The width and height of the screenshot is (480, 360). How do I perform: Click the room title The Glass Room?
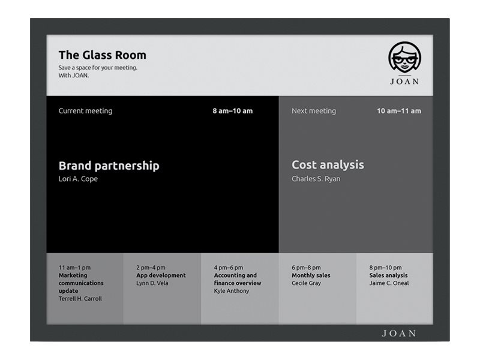pos(102,55)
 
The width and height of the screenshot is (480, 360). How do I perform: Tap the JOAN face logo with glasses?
pos(404,58)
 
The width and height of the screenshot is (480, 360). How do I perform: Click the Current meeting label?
pos(85,111)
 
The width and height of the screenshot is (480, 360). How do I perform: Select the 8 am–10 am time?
pos(232,111)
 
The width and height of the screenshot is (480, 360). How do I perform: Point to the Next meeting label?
pos(313,111)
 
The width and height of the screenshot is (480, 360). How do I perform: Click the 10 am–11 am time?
pos(398,111)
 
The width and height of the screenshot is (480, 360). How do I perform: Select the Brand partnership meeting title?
pos(109,166)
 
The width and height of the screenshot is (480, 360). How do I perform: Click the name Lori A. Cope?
pos(78,179)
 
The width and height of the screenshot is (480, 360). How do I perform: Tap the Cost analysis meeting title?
pos(328,165)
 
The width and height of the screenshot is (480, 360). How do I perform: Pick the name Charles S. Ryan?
pos(316,179)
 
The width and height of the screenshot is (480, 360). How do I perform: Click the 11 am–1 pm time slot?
pos(74,268)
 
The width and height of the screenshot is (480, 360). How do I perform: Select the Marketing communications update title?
pos(81,283)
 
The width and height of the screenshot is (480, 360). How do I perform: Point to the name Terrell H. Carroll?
pos(80,299)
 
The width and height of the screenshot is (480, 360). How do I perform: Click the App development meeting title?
pos(161,275)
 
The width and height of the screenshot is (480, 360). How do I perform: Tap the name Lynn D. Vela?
pos(152,283)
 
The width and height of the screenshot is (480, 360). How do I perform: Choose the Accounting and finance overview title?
pos(238,279)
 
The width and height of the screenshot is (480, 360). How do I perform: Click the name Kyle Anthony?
pos(231,291)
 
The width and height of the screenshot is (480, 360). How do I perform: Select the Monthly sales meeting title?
pos(311,275)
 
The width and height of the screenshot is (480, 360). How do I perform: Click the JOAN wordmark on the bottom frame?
pos(398,333)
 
